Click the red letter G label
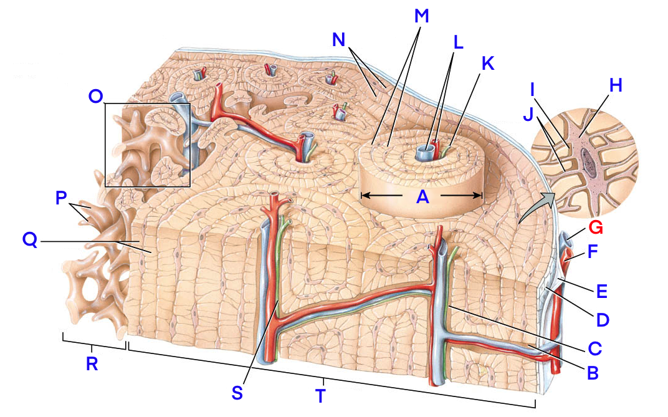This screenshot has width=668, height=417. [x=596, y=228]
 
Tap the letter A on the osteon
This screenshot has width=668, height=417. [x=423, y=196]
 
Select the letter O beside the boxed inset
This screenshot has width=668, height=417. [x=96, y=97]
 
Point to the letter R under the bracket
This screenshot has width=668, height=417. [x=92, y=364]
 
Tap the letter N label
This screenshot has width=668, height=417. [x=338, y=39]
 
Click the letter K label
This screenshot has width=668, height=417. [x=487, y=63]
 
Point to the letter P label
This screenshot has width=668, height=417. [x=61, y=197]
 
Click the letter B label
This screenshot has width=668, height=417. [x=593, y=373]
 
